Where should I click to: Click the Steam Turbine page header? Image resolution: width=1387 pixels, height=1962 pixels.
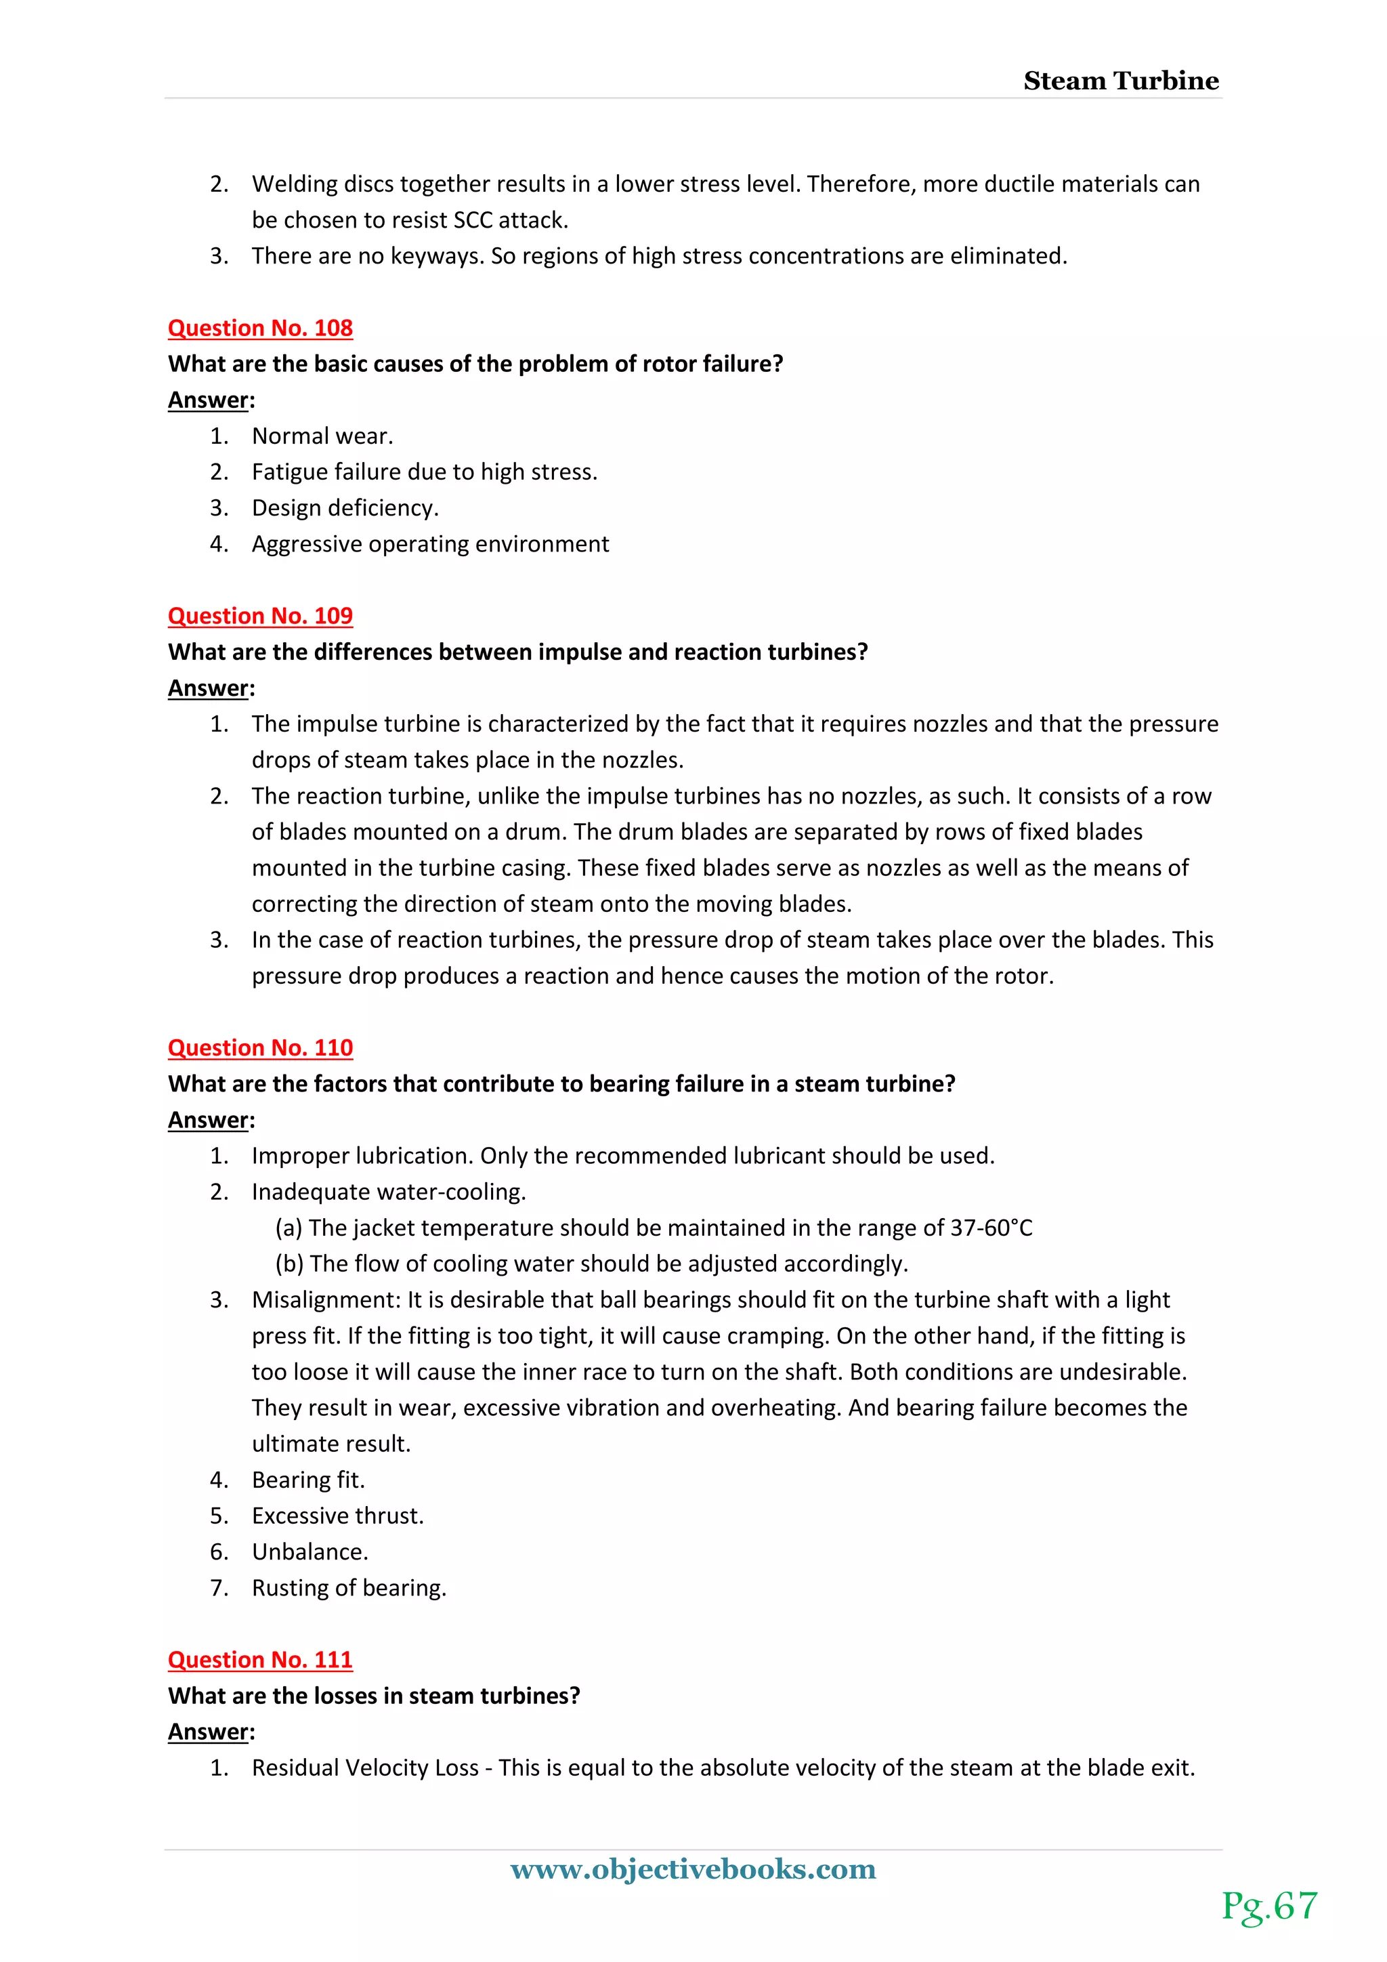(1121, 81)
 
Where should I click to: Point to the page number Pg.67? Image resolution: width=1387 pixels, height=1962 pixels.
(1269, 1906)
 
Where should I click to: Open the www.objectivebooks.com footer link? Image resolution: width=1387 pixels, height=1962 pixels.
(693, 1869)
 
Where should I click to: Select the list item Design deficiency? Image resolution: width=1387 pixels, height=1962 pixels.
(345, 508)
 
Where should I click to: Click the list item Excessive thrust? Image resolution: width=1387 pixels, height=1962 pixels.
(337, 1516)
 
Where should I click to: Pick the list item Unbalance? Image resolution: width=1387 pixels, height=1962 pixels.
(310, 1552)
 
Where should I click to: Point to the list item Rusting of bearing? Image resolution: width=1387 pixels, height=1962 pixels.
(349, 1588)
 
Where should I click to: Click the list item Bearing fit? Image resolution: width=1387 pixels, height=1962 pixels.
(307, 1480)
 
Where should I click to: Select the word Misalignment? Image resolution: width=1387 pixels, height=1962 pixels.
(325, 1299)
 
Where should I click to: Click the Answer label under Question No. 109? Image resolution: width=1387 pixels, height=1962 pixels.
(210, 688)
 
